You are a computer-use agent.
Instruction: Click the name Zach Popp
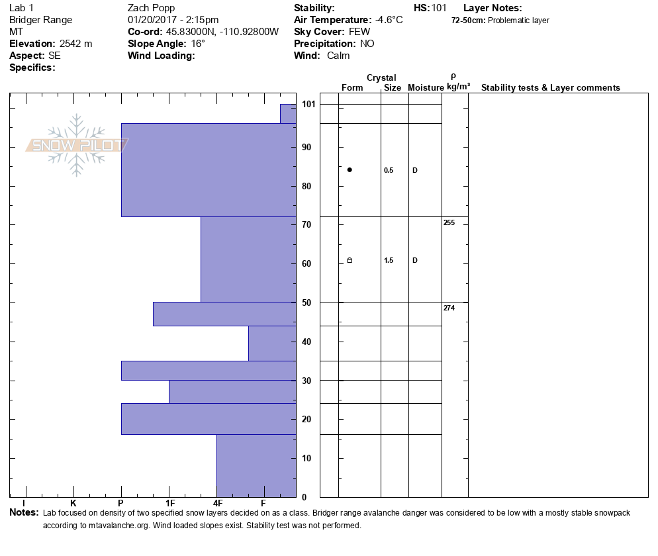(151, 8)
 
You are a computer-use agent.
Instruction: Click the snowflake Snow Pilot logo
(77, 145)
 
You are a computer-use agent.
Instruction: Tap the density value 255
(449, 223)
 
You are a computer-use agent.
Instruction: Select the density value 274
(449, 308)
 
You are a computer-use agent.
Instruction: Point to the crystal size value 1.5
(389, 261)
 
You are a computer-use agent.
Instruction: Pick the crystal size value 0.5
(389, 171)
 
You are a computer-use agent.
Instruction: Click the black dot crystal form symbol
(350, 170)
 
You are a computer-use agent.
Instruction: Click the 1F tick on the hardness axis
(169, 503)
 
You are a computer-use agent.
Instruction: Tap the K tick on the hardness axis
(73, 503)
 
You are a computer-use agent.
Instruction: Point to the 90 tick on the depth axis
(307, 147)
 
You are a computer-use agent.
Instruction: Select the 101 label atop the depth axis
(308, 105)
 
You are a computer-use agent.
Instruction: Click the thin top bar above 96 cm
(288, 114)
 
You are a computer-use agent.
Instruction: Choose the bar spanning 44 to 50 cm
(224, 314)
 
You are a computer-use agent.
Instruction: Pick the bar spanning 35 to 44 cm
(272, 343)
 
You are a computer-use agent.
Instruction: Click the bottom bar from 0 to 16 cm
(256, 465)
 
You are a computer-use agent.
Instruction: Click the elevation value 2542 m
(75, 44)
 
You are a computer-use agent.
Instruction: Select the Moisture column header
(426, 88)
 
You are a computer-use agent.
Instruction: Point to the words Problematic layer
(518, 21)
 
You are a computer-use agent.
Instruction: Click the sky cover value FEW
(360, 32)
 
